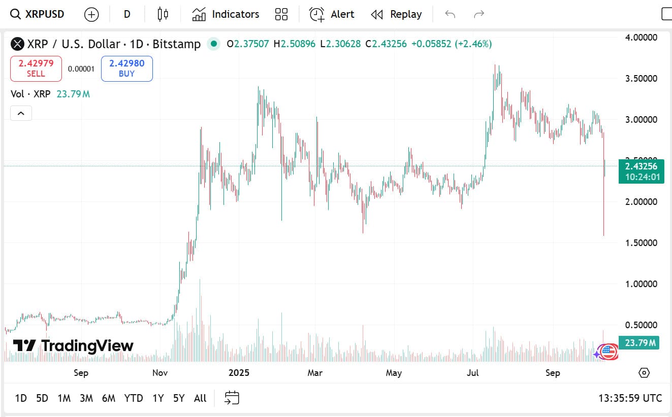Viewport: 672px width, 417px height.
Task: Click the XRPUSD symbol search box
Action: point(38,14)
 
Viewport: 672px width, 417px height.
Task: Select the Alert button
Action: point(332,14)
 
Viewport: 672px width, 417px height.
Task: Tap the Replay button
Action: point(397,14)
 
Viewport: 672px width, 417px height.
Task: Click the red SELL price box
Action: point(36,68)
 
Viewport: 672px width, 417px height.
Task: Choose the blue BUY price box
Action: point(127,68)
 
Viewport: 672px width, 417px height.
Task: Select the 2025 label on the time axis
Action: point(239,373)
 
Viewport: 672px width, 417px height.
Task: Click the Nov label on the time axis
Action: point(160,373)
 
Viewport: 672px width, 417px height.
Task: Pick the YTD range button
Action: point(134,398)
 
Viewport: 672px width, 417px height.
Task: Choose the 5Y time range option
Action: point(179,398)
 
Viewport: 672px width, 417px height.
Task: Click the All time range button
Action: point(200,398)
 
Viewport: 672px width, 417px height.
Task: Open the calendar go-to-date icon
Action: point(232,398)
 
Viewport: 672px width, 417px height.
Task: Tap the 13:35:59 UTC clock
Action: point(630,398)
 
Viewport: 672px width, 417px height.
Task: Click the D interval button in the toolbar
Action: point(127,14)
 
